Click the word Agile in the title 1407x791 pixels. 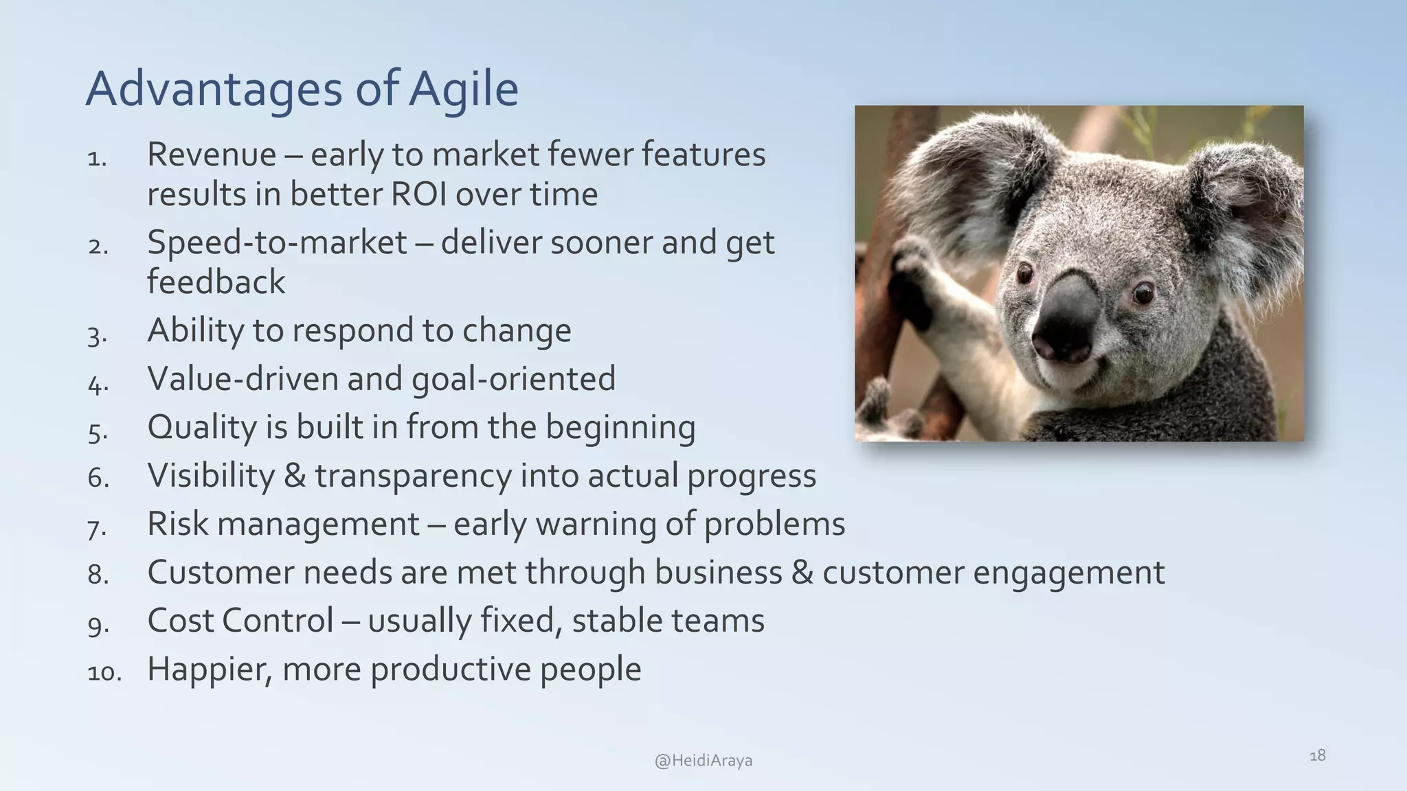pyautogui.click(x=464, y=89)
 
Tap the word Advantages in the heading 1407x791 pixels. pyautogui.click(x=214, y=89)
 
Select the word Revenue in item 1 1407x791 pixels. pyautogui.click(x=212, y=154)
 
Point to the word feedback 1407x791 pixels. pyautogui.click(x=216, y=282)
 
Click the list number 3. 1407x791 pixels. pyautogui.click(x=97, y=336)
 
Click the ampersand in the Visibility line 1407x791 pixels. pyautogui.click(x=294, y=476)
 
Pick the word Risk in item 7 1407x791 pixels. pyautogui.click(x=177, y=524)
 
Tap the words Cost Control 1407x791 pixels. pyautogui.click(x=240, y=621)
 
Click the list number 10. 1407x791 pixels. pyautogui.click(x=104, y=672)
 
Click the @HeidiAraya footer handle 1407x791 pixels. pyautogui.click(x=703, y=761)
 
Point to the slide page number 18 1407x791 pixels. pyautogui.click(x=1317, y=756)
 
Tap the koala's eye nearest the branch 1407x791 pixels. pyautogui.click(x=1025, y=273)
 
